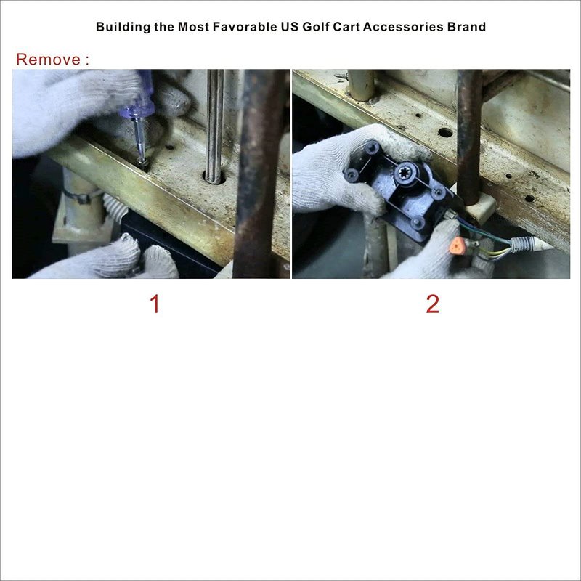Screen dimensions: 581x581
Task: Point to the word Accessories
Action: [403, 27]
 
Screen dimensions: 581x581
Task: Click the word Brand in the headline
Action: [466, 27]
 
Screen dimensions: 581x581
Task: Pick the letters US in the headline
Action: [289, 27]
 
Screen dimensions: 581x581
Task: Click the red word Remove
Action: [48, 60]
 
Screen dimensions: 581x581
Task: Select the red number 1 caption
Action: [155, 304]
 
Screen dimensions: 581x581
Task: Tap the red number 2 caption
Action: [432, 304]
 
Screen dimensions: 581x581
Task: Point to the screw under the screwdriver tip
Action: [142, 162]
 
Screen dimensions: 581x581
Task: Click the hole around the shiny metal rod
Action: [214, 177]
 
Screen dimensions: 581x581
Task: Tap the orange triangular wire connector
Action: [457, 245]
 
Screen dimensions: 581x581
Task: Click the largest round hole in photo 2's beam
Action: [445, 132]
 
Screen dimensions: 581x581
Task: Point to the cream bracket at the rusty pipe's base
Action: [481, 210]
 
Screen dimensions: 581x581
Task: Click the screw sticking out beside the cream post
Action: [341, 76]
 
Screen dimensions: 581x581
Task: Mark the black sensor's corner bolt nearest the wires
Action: [418, 222]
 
